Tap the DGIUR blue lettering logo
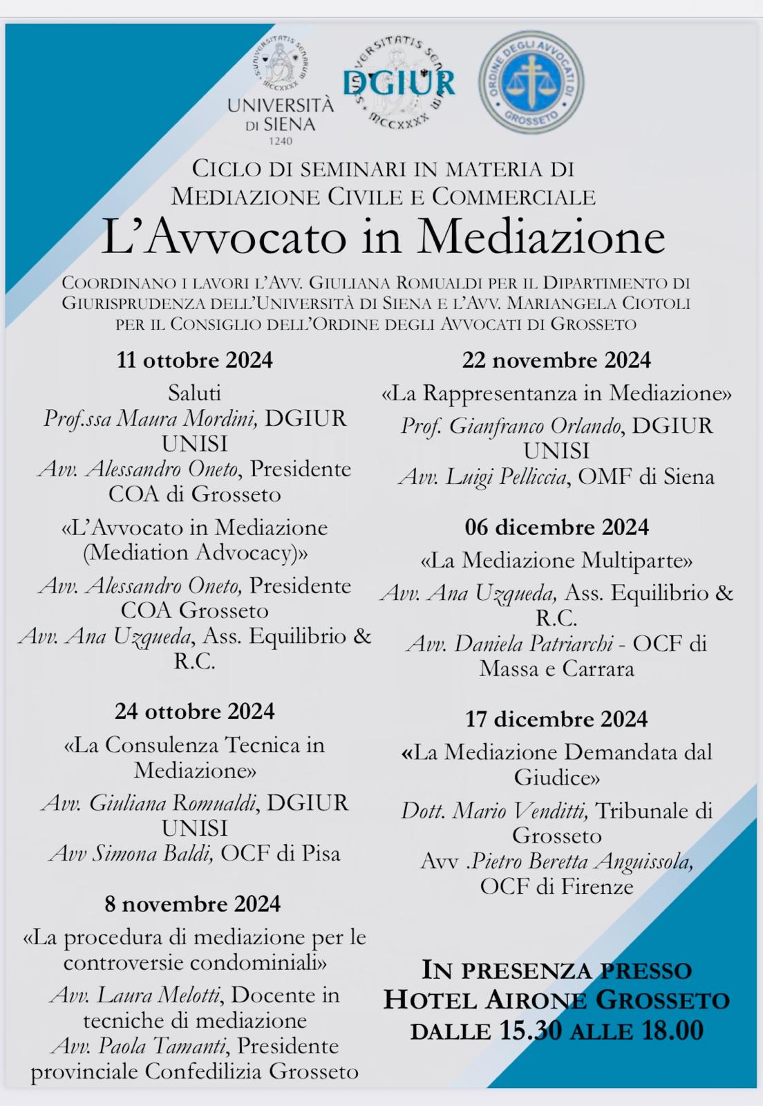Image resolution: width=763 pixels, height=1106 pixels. [399, 82]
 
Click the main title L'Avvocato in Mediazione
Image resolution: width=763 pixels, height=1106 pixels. [383, 237]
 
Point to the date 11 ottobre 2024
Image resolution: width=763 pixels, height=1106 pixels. [194, 360]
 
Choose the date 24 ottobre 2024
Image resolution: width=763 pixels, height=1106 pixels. [194, 711]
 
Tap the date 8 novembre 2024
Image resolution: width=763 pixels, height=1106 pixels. [193, 904]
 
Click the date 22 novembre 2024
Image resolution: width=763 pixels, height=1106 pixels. [556, 360]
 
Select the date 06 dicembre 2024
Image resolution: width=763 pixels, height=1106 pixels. [556, 527]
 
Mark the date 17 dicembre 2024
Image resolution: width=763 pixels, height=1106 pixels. [556, 719]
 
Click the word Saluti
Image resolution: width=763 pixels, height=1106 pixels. [194, 393]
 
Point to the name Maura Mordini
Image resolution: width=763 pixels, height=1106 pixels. [187, 419]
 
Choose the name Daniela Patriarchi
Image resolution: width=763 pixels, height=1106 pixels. [533, 644]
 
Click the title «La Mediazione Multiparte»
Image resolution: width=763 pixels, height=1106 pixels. [556, 560]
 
